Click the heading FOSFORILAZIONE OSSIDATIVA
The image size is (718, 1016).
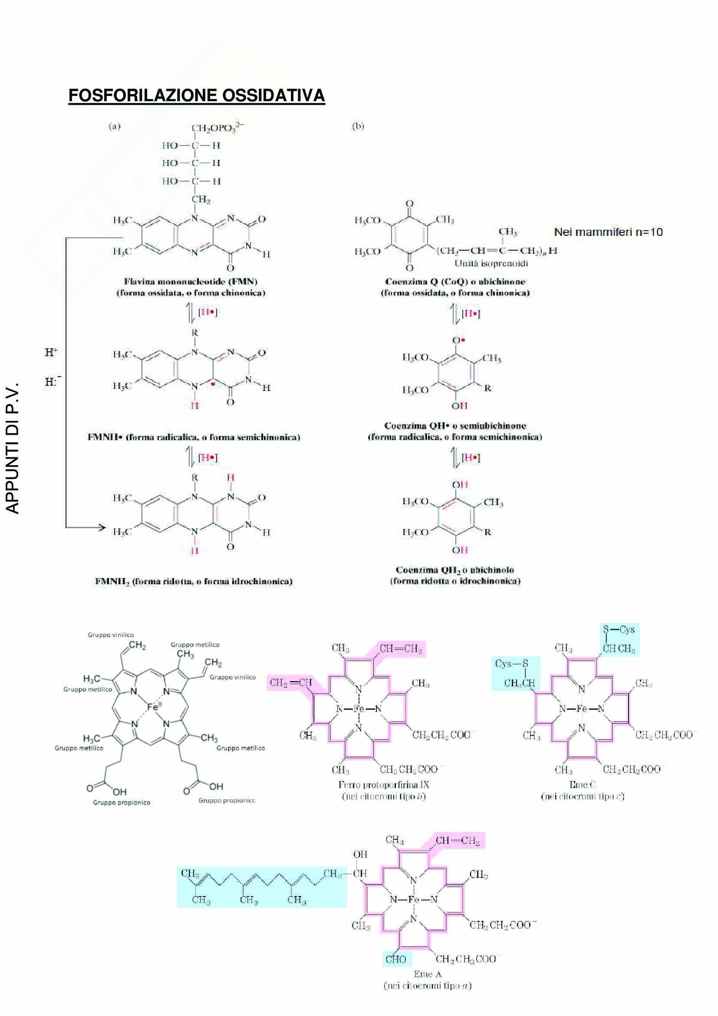point(197,96)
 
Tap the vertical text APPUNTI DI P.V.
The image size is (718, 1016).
point(14,450)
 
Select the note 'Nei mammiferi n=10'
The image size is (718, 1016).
point(608,232)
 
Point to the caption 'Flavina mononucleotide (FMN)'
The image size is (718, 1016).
point(191,281)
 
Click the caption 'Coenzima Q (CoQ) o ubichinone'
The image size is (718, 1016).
point(455,281)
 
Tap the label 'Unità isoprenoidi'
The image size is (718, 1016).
point(491,264)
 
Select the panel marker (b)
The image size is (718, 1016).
point(358,126)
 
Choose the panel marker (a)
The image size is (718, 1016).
point(114,126)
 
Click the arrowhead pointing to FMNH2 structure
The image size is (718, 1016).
point(102,527)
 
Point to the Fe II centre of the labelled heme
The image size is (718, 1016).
point(152,707)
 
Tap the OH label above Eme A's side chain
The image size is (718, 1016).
point(360,854)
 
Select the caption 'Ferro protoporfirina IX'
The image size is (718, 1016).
point(383,785)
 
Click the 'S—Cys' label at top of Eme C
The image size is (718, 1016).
point(619,629)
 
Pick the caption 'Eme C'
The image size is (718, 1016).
point(582,784)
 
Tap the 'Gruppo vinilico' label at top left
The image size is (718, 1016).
point(111,635)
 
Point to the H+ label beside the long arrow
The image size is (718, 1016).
point(51,352)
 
